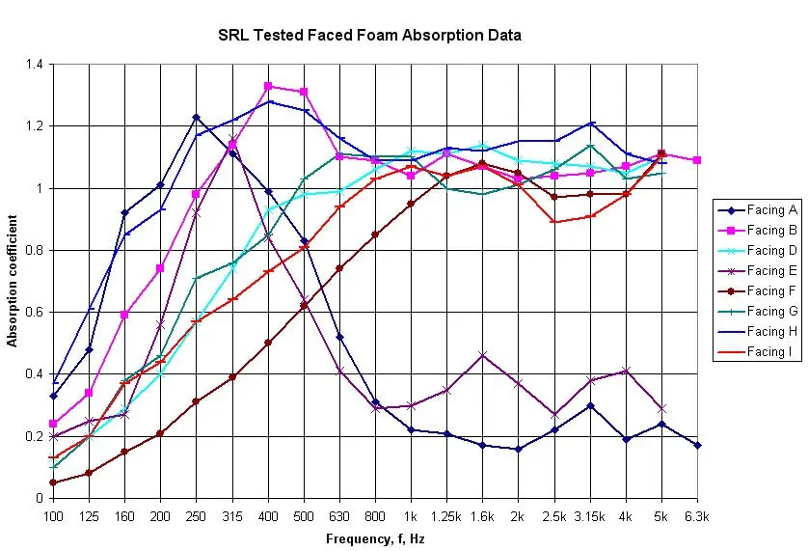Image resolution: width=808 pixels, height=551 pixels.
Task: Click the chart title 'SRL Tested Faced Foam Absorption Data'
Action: click(369, 36)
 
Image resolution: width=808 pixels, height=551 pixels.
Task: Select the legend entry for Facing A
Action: click(771, 210)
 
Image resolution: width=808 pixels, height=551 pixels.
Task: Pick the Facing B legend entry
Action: click(771, 231)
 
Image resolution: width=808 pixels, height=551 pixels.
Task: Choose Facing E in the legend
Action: click(771, 271)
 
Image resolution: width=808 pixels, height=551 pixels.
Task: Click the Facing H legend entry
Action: click(771, 332)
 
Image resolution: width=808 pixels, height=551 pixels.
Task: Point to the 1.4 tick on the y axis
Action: click(37, 65)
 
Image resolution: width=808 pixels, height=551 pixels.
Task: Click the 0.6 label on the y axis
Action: click(37, 313)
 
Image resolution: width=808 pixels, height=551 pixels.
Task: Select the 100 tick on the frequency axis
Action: click(53, 515)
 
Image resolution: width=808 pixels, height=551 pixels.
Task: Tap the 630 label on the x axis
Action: click(339, 515)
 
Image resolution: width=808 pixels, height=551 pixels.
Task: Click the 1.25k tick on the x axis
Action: click(446, 515)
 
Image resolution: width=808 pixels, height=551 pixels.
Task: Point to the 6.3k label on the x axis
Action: click(697, 515)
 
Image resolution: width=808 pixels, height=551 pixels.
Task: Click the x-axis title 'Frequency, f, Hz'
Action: click(374, 537)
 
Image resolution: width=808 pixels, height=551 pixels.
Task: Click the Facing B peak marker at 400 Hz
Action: click(268, 86)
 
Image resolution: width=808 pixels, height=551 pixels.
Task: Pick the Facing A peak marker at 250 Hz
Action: click(196, 118)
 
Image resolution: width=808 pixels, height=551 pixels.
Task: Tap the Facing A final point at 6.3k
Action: click(697, 445)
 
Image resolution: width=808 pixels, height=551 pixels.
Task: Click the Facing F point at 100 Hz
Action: click(53, 482)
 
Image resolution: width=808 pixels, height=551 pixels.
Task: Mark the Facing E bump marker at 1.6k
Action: click(482, 355)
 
